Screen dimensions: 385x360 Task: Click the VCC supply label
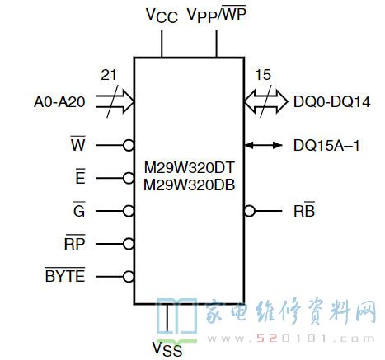click(x=162, y=15)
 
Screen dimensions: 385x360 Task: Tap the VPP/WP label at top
click(x=217, y=14)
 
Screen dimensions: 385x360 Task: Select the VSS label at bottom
click(x=167, y=348)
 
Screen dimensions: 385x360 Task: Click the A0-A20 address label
click(x=59, y=102)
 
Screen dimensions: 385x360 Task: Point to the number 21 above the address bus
click(x=109, y=75)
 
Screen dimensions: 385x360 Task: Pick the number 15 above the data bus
click(x=263, y=75)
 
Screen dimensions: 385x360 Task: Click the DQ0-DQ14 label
click(x=332, y=102)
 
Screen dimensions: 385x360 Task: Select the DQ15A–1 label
click(x=326, y=145)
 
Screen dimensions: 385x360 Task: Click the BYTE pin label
click(x=65, y=274)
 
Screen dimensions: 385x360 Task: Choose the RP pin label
click(x=75, y=242)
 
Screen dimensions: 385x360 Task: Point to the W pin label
click(x=78, y=143)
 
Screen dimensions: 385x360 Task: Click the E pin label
click(x=80, y=176)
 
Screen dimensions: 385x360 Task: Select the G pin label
click(x=79, y=209)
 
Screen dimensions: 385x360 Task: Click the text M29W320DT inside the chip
click(x=190, y=167)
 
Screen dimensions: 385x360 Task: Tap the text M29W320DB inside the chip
click(x=190, y=185)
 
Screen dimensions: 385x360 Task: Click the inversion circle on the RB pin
click(x=250, y=211)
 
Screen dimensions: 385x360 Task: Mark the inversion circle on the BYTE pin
click(x=129, y=277)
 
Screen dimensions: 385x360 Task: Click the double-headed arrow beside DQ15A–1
click(x=263, y=145)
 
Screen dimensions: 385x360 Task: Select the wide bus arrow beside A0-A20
click(x=115, y=101)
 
